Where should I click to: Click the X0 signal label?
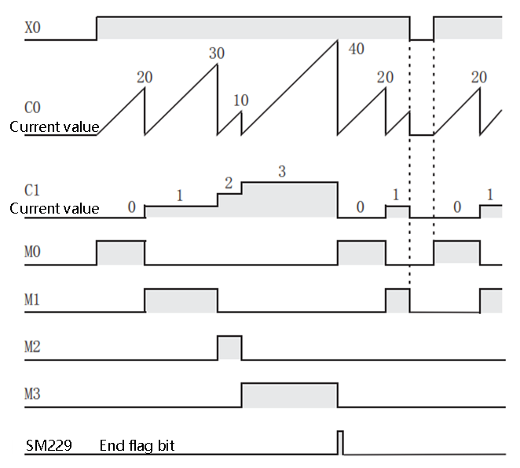[x=32, y=27]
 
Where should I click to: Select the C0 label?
[x=32, y=106]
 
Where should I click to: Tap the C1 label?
[x=32, y=189]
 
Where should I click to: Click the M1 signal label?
[x=32, y=299]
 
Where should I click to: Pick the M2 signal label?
[x=32, y=346]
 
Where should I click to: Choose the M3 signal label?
[x=32, y=393]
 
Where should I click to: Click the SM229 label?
[x=49, y=446]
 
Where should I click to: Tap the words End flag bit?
[x=137, y=446]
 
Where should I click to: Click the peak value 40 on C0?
[x=356, y=49]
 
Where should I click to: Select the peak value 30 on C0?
[x=217, y=53]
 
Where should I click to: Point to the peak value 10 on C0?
[x=241, y=101]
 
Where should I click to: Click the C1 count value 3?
[x=281, y=170]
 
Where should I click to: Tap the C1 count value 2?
[x=229, y=183]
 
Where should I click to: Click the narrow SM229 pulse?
[x=340, y=442]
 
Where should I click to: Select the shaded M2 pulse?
[x=229, y=347]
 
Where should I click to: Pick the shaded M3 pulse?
[x=289, y=395]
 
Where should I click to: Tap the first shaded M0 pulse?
[x=120, y=253]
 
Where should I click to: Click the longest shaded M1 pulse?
[x=181, y=300]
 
